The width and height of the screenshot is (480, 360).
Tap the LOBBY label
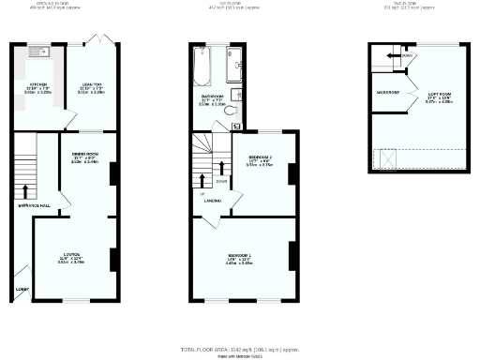[x=21, y=289]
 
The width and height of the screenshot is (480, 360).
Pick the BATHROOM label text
[x=212, y=96]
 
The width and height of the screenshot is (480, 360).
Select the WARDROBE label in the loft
[x=387, y=93]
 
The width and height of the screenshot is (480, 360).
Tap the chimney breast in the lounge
[x=113, y=260]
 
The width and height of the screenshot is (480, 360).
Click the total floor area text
[x=240, y=348]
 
